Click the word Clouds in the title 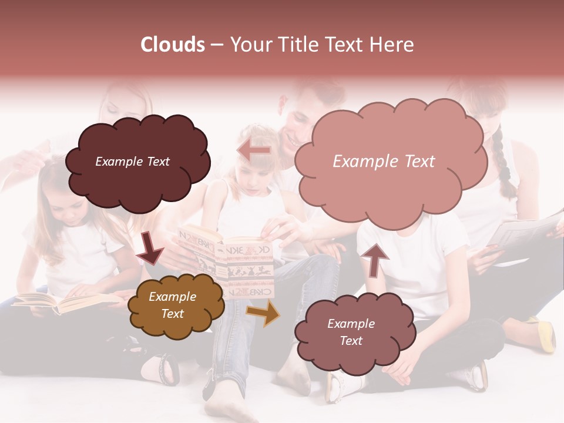point(173,45)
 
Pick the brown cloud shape point(175,305)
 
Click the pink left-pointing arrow point(254,150)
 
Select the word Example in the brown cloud point(172,297)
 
